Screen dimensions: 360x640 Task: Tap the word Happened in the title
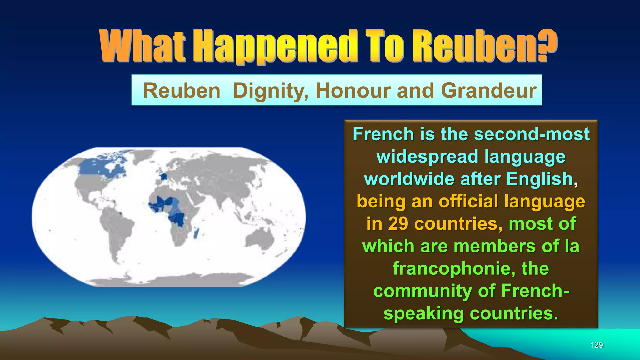click(x=275, y=47)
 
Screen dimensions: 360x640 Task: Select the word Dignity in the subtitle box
click(x=271, y=91)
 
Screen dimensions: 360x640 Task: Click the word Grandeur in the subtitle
click(x=488, y=91)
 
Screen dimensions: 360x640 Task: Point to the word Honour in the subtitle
click(x=353, y=91)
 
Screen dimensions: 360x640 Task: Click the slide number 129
click(x=596, y=345)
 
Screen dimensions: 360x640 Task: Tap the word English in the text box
click(x=539, y=179)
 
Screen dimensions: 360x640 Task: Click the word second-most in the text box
click(x=531, y=134)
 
